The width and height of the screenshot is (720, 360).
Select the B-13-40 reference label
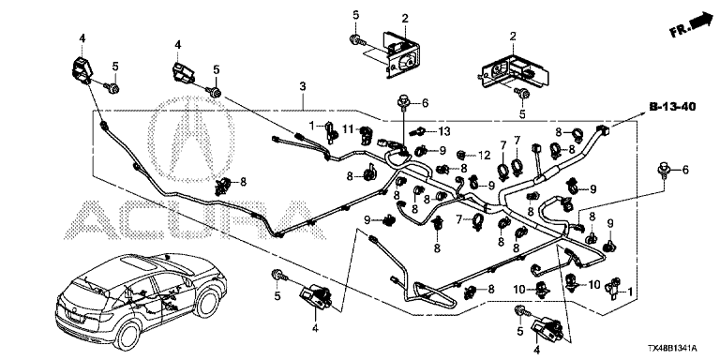(672, 107)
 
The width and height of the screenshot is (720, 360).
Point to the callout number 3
(302, 86)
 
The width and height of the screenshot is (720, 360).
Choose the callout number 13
(445, 132)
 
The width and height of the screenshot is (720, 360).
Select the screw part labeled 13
(418, 131)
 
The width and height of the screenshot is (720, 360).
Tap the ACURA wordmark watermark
(194, 219)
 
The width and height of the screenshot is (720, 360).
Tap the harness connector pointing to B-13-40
(601, 129)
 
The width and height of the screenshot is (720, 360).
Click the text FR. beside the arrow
(680, 31)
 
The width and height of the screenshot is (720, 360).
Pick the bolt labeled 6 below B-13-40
(663, 170)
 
